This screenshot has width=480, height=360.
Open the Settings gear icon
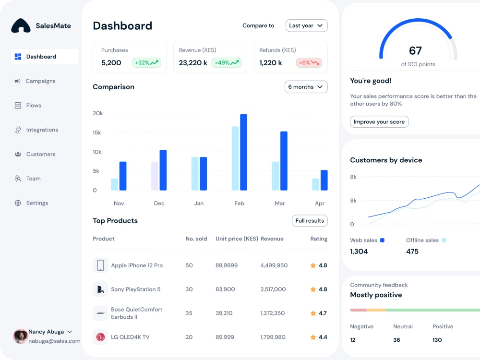[x=18, y=203]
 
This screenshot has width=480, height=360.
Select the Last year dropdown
[x=306, y=26]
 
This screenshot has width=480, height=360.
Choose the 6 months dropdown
[x=306, y=87]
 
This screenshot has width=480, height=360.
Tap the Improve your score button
[x=379, y=122]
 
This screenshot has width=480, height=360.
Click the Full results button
[x=310, y=221]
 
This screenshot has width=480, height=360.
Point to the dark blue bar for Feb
[x=244, y=152]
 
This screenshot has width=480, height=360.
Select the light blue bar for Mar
[x=276, y=176]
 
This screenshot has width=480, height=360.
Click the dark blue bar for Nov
[x=123, y=176]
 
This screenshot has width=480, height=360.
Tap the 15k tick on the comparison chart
[x=97, y=132]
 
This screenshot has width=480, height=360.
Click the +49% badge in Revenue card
[x=227, y=63]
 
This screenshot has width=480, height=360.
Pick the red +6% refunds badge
[x=309, y=63]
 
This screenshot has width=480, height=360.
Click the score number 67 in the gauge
[x=415, y=50]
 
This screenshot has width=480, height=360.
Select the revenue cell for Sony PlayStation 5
[x=273, y=289]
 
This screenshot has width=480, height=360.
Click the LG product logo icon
[x=100, y=337]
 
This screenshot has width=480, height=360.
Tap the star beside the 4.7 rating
[x=313, y=313]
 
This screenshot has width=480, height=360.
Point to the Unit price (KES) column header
[x=237, y=239]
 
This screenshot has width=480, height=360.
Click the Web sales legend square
[x=383, y=240]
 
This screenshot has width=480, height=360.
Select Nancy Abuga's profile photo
[x=21, y=336]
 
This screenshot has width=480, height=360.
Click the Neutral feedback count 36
[x=396, y=340]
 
